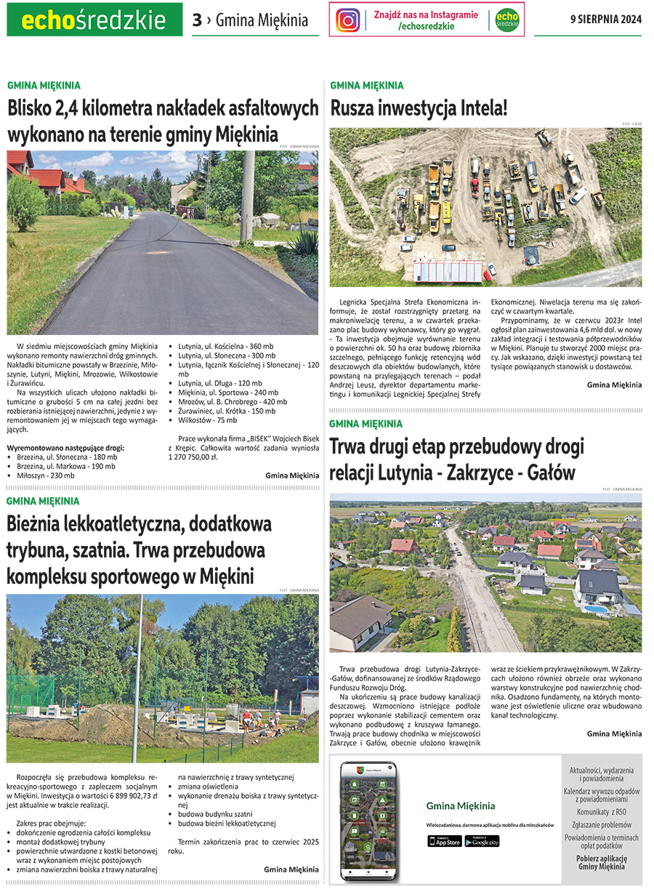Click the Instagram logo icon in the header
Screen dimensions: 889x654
(x=348, y=20)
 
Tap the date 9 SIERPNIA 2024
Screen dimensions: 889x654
(x=605, y=20)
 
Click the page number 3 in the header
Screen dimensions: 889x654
(x=197, y=20)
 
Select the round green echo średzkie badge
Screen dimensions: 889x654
(x=507, y=20)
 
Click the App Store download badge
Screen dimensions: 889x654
(x=444, y=841)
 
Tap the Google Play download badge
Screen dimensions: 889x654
(x=483, y=841)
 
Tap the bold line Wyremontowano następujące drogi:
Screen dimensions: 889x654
(x=65, y=448)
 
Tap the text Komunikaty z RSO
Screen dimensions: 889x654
(x=602, y=811)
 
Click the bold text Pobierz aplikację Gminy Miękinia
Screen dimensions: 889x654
(x=602, y=861)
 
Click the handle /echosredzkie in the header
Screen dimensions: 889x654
(x=427, y=26)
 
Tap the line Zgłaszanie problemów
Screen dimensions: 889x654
(x=602, y=824)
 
